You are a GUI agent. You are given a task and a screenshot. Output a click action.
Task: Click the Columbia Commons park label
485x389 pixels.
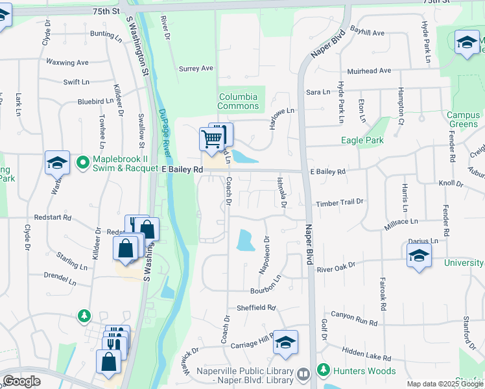[238, 101]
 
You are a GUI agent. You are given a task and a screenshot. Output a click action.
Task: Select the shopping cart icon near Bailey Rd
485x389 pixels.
[212, 138]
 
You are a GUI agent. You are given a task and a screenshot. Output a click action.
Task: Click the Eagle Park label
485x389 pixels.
[362, 140]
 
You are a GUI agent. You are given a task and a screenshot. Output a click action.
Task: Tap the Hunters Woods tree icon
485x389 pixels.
[323, 371]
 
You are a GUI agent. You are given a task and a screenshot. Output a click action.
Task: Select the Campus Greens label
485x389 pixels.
[463, 120]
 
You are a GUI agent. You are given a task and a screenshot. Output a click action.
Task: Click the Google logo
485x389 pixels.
[21, 381]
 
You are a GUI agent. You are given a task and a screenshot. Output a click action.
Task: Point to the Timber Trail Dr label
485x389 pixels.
[340, 203]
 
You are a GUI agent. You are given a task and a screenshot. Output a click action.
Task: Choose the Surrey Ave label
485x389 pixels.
[196, 68]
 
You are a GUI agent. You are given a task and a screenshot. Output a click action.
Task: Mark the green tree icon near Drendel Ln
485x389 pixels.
[84, 316]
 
